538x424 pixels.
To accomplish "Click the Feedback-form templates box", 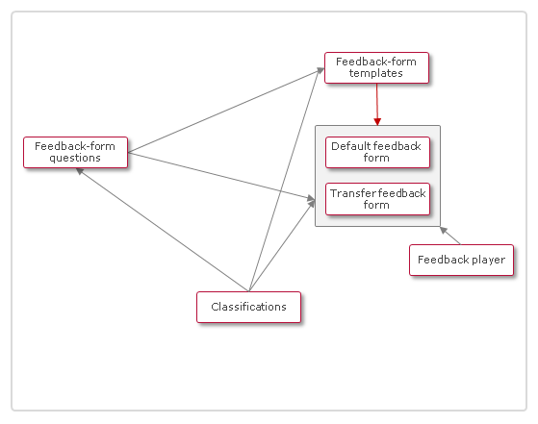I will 376,68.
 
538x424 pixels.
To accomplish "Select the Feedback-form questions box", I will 75,152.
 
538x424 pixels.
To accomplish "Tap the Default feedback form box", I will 376,152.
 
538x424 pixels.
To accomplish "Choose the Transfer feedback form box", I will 376,199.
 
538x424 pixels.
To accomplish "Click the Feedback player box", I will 462,260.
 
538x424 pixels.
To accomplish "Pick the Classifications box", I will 248,307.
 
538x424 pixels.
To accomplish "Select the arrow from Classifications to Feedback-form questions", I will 164,231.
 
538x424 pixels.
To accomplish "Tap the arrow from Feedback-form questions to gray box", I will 221,177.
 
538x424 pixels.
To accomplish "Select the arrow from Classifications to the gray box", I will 281,246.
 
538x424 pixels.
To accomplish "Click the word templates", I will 376,74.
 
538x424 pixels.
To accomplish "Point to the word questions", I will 75,158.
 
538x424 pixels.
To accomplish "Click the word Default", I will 351,146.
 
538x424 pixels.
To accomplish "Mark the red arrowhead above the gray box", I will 377,120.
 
